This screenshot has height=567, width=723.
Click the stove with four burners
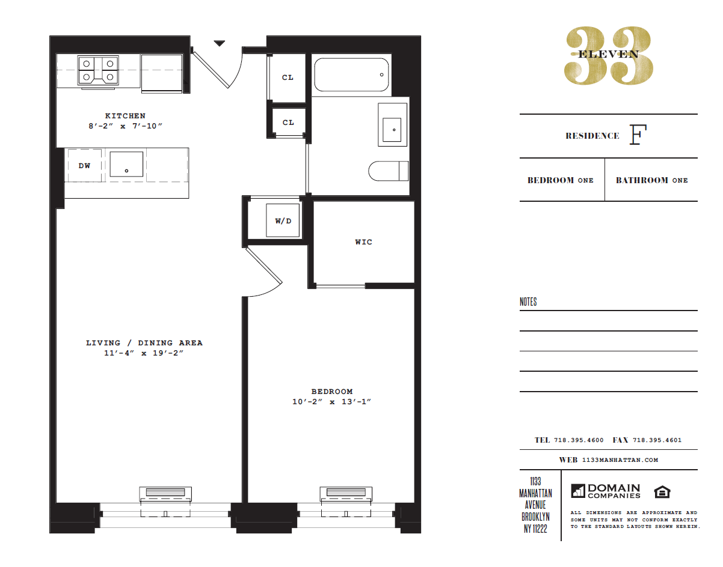point(97,70)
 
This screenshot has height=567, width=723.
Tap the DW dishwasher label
point(85,166)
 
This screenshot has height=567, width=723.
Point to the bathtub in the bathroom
point(351,74)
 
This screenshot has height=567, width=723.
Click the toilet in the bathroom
point(388,171)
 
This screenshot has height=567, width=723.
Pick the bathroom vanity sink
point(393,125)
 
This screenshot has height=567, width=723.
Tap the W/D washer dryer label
point(283,221)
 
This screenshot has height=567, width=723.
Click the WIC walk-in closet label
point(363,242)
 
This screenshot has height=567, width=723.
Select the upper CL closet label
point(288,77)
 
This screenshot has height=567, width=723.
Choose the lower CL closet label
point(288,123)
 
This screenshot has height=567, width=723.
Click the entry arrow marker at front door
point(220,43)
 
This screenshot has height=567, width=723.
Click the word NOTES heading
point(528,302)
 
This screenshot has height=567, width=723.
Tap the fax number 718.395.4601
point(657,440)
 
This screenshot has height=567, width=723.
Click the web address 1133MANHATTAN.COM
point(621,460)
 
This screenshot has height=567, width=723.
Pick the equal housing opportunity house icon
point(662,491)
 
